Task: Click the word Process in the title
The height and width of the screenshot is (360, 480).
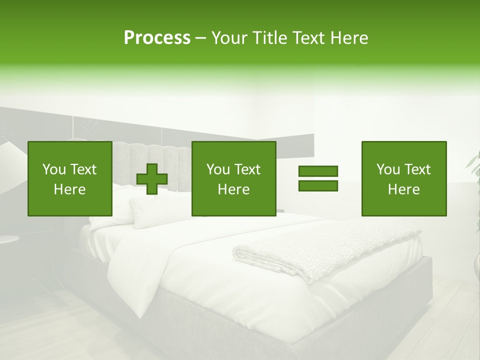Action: (157, 38)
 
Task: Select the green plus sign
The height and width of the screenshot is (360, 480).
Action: (152, 179)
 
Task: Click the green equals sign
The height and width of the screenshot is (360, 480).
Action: (318, 178)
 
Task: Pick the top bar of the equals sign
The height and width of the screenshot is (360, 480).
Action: (318, 171)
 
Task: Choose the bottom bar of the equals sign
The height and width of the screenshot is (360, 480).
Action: (318, 185)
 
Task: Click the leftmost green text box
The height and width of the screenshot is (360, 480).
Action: (69, 178)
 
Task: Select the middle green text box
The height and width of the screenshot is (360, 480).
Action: (233, 178)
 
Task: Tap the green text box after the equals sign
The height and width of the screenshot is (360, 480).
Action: (403, 178)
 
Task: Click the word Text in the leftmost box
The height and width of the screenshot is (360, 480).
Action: (83, 169)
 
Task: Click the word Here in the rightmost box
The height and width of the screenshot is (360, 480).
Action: (403, 189)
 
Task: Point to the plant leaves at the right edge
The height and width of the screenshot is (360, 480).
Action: (474, 165)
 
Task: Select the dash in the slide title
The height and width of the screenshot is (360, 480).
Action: (201, 38)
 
